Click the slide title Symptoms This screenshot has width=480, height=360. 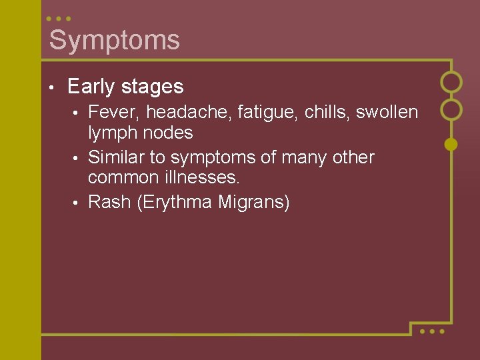click(x=114, y=40)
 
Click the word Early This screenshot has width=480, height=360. click(x=89, y=87)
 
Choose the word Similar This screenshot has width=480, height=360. click(x=117, y=157)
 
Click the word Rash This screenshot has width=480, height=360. click(x=109, y=202)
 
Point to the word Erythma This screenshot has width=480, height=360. click(x=175, y=202)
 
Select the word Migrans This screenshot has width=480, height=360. click(x=254, y=202)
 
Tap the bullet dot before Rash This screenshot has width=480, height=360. click(x=77, y=203)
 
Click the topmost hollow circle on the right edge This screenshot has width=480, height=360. click(x=451, y=82)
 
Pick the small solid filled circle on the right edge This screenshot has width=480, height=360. click(x=451, y=143)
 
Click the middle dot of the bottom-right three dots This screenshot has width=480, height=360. click(x=432, y=331)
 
